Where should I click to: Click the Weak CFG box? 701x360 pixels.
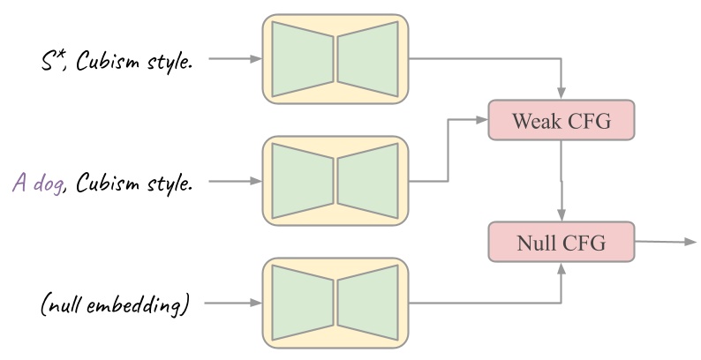coord(562,119)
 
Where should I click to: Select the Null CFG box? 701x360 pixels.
coord(562,241)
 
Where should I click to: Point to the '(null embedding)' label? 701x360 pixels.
coord(116,305)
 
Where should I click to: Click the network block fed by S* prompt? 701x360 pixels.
coord(335,59)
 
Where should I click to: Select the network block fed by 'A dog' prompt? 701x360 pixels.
coord(335,181)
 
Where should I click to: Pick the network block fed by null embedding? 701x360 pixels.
coord(335,303)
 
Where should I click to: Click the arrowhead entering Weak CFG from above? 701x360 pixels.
coord(562,94)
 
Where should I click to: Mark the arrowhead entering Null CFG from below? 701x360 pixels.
coord(562,267)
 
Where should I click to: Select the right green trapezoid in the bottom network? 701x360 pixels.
coord(368,303)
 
